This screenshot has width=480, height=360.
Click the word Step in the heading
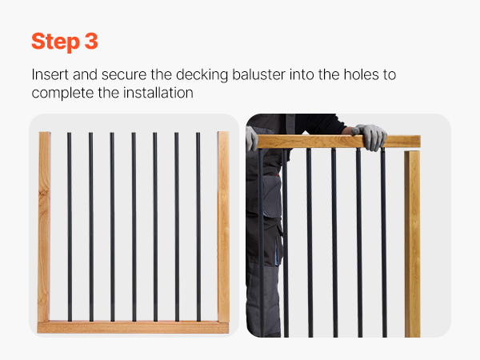pyautogui.click(x=55, y=42)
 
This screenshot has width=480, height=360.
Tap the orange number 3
pyautogui.click(x=91, y=41)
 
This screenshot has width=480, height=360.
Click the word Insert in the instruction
pyautogui.click(x=50, y=74)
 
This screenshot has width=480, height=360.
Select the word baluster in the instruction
pyautogui.click(x=258, y=74)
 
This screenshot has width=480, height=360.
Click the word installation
pyautogui.click(x=158, y=93)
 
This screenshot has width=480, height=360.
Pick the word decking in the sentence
pyautogui.click(x=202, y=75)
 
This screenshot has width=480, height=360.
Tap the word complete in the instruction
pyautogui.click(x=62, y=94)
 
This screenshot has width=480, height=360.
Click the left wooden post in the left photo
pyautogui.click(x=44, y=226)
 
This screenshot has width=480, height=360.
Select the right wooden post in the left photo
pyautogui.click(x=223, y=226)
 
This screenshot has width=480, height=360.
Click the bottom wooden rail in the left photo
pyautogui.click(x=133, y=327)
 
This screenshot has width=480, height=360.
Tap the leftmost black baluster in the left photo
pyautogui.click(x=70, y=227)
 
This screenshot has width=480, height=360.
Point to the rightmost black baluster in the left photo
pyautogui.click(x=198, y=227)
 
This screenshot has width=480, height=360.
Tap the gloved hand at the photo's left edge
pyautogui.click(x=251, y=139)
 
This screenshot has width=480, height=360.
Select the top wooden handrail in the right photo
pyautogui.click(x=339, y=142)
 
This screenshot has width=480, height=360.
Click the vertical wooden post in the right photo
pyautogui.click(x=412, y=244)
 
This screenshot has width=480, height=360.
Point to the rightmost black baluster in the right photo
pyautogui.click(x=383, y=242)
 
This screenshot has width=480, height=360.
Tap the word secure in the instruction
pyautogui.click(x=124, y=75)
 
